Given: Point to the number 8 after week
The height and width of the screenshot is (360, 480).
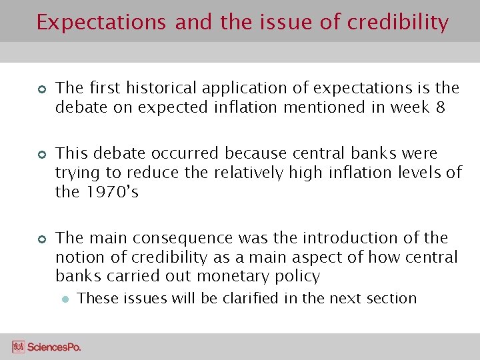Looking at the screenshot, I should point(439,107).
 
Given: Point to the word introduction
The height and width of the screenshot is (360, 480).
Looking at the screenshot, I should point(357,238).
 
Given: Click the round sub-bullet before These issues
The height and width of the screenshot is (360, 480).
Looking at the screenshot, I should point(65,299).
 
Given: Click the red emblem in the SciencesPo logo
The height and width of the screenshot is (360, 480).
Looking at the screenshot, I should point(19,347).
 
